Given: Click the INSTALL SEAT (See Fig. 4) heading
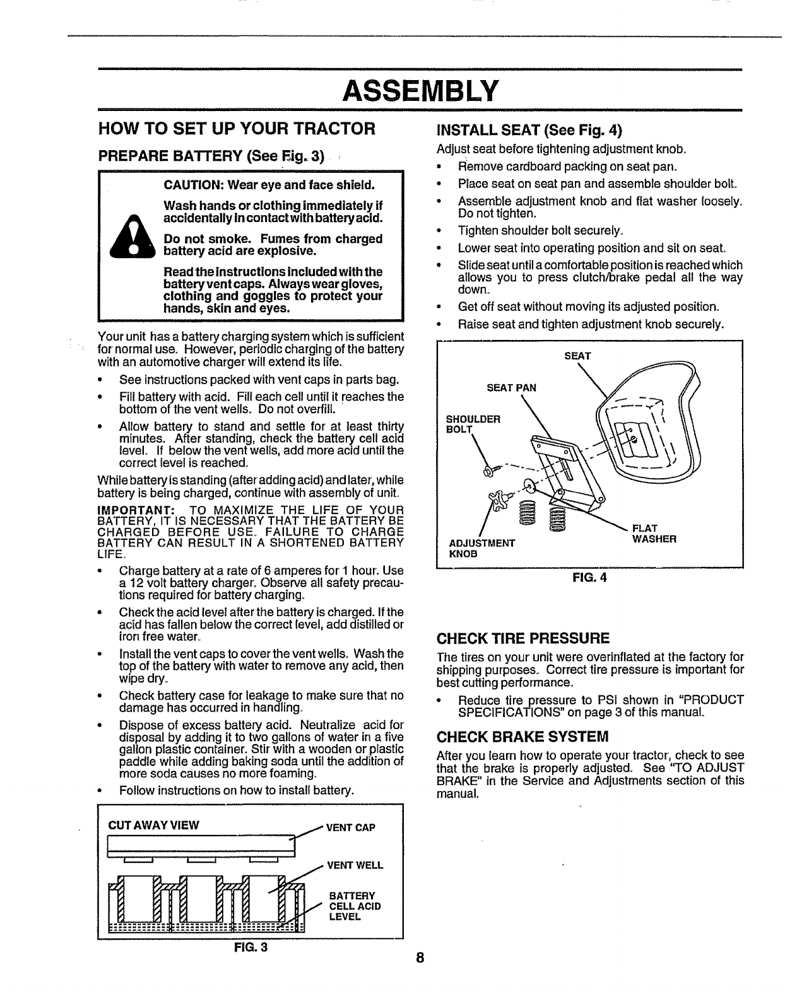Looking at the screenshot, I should (x=529, y=131).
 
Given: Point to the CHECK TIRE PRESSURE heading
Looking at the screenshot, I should (x=523, y=636).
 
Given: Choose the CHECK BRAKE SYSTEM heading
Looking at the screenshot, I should (x=522, y=737).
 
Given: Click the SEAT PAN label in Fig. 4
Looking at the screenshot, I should (x=511, y=388).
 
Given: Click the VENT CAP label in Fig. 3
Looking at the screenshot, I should (x=350, y=827).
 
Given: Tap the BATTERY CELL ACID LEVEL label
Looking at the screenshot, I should (x=355, y=906).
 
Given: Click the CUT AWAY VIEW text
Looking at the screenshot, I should (x=154, y=826).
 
